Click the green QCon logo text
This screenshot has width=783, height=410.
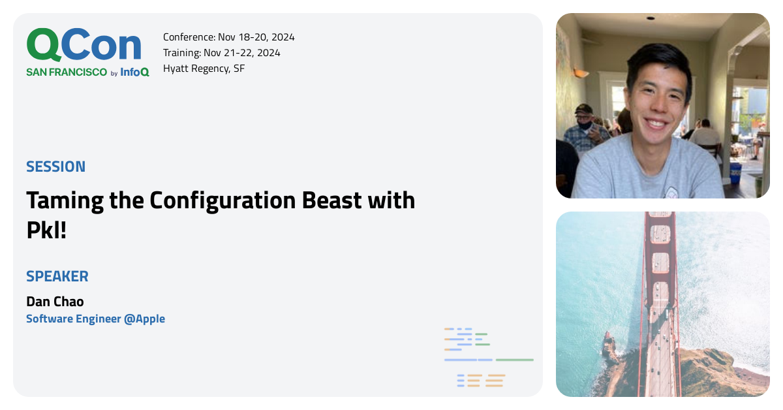click(x=84, y=46)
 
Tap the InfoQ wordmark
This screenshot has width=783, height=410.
click(x=134, y=72)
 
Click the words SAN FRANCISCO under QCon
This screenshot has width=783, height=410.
click(x=67, y=72)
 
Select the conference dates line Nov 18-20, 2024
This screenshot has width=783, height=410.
click(x=228, y=37)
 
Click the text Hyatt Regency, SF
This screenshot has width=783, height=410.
click(x=204, y=69)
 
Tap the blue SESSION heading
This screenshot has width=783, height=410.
click(x=55, y=166)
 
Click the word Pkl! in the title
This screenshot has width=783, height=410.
click(x=46, y=230)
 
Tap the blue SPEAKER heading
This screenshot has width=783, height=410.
click(x=57, y=276)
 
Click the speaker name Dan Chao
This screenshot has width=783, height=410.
click(x=55, y=302)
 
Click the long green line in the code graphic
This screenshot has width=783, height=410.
click(x=514, y=360)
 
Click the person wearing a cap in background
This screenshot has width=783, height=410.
click(x=583, y=124)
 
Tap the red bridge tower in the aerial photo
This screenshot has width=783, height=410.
click(x=660, y=261)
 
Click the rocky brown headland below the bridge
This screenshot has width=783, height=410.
click(x=711, y=369)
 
